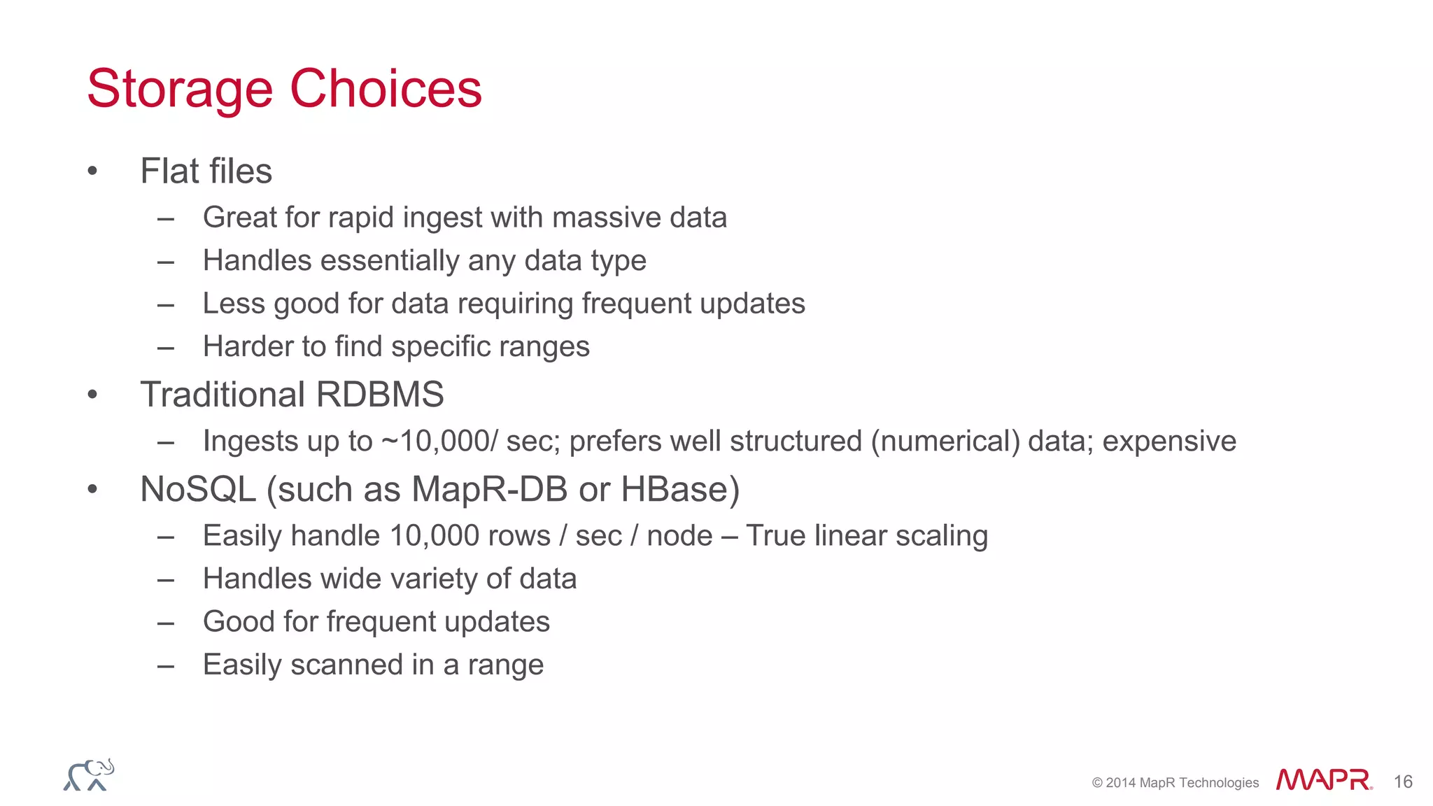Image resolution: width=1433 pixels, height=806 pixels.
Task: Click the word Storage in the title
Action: (180, 90)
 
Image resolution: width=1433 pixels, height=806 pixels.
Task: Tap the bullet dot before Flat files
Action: (92, 171)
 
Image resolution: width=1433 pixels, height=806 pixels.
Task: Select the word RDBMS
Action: (380, 395)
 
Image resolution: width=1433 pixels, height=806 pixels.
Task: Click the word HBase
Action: (680, 489)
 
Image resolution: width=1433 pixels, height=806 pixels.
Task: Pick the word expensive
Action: (1169, 441)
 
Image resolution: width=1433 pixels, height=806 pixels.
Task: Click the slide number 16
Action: (1402, 782)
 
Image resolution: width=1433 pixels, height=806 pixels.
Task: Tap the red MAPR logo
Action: (1323, 779)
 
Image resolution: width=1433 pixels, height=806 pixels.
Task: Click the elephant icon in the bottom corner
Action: (89, 775)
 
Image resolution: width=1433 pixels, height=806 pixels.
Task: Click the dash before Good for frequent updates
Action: (166, 623)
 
